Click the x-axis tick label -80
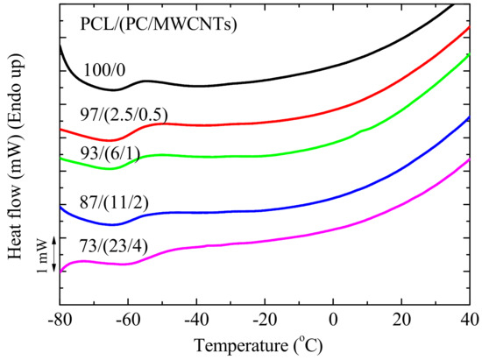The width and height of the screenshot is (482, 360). coord(61,321)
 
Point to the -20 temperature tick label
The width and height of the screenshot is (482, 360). coord(266,321)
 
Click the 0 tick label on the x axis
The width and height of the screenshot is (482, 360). coord(333,321)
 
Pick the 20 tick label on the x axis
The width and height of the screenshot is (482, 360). coord(401,321)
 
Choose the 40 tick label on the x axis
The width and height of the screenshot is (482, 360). coord(470,321)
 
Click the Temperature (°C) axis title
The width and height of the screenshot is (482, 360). coord(259,346)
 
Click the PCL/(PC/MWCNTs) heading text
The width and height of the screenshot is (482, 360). coord(159,25)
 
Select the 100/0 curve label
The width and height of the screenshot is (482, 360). coord(104,70)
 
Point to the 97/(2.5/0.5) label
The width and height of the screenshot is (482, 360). coord(124,116)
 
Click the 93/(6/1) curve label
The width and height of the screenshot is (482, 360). coord(110,153)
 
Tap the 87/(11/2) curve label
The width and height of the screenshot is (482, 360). coord(114,202)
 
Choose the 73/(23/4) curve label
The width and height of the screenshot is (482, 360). coord(114,246)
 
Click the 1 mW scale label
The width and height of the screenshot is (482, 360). coord(43,256)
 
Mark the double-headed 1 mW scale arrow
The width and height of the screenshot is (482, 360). coord(53,254)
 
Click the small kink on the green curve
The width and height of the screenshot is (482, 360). coord(362,131)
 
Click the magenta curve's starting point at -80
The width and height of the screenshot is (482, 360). coord(60,272)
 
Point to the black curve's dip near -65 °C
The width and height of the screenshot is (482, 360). coord(114,90)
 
